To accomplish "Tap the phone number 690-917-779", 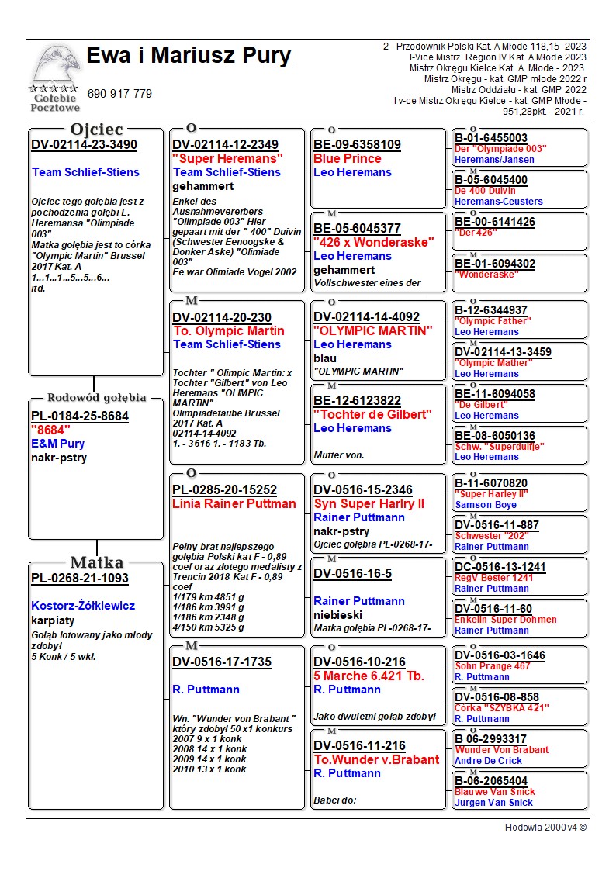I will (x=119, y=94).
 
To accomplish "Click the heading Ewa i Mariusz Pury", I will (x=189, y=56).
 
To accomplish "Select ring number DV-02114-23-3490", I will (x=84, y=145).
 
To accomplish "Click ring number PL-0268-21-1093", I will (x=80, y=579).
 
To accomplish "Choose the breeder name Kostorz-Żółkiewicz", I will (x=83, y=606).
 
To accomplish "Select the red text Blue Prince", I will (x=347, y=158).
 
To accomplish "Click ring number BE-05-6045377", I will (x=357, y=228).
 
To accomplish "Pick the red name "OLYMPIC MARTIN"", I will (x=372, y=330).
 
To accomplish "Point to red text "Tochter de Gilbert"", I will (x=372, y=414).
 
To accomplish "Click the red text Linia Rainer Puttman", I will (x=234, y=504).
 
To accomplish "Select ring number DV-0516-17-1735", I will (x=222, y=662).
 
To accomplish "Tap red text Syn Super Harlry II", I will (x=369, y=504).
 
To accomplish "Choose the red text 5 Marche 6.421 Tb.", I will (x=369, y=676).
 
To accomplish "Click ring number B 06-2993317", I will (x=490, y=739).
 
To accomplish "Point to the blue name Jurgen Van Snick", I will (x=493, y=803).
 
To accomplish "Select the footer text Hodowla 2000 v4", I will (x=545, y=828).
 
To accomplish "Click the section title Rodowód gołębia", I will (x=96, y=398).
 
